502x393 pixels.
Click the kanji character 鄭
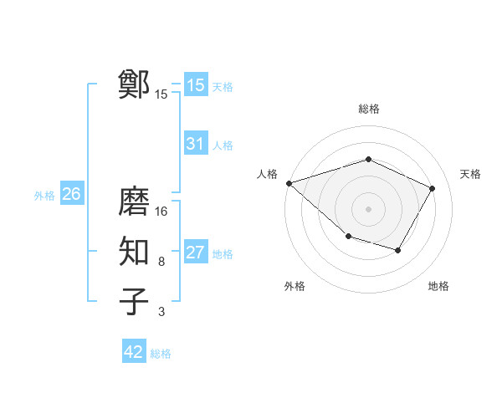pos(135,84)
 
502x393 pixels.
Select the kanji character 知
pos(135,252)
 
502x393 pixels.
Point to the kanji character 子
pos(135,302)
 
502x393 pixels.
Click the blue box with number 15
pos(196,85)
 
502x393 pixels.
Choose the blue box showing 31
pos(196,144)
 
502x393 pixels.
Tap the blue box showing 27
pos(196,253)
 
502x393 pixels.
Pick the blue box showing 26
pos(71,194)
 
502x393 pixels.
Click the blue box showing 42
pos(134,352)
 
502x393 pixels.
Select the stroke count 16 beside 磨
pos(161,212)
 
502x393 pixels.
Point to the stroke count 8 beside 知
pos(161,262)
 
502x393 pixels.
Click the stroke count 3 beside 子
pos(161,312)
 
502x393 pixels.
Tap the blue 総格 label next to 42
pos(161,354)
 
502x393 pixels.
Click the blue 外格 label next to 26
pos(44,196)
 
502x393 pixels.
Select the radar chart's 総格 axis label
pos(369,109)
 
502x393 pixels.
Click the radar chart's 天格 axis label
pos(470,174)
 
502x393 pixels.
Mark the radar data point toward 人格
pos(289,183)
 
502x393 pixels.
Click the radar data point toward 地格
pos(398,250)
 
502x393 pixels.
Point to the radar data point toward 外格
pos(348,237)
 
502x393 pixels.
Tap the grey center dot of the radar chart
pos(369,209)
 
